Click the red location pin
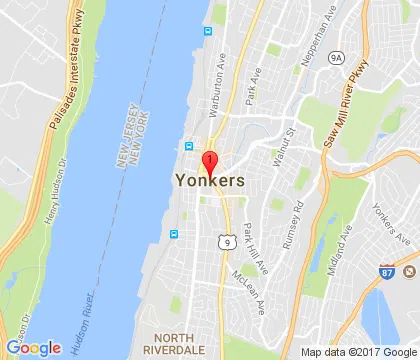pyautogui.click(x=209, y=163)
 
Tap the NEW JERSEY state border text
pyautogui.click(x=124, y=138)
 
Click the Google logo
pyautogui.click(x=33, y=348)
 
